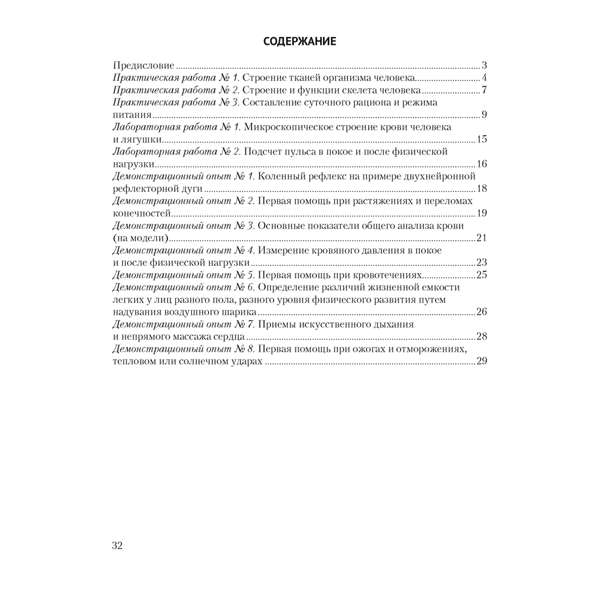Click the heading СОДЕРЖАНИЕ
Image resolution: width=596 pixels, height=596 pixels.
[300, 42]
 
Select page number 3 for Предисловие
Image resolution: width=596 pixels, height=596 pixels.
[485, 66]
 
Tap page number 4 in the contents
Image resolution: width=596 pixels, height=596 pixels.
[485, 78]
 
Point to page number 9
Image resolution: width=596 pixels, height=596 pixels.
[485, 115]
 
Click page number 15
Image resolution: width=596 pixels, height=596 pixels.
[482, 139]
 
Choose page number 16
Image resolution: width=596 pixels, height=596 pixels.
[482, 164]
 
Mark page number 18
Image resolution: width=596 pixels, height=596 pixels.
[482, 189]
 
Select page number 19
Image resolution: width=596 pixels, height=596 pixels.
[482, 213]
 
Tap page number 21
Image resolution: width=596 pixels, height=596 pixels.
[482, 238]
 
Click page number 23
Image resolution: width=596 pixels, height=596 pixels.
[482, 263]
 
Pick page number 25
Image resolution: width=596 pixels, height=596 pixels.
[482, 275]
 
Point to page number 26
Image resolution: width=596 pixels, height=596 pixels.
[482, 312]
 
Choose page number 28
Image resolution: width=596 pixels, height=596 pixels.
[482, 337]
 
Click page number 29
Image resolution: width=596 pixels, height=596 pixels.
[482, 362]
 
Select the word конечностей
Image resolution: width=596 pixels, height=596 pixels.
[142, 213]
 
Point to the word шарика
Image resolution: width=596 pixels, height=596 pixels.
[241, 312]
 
